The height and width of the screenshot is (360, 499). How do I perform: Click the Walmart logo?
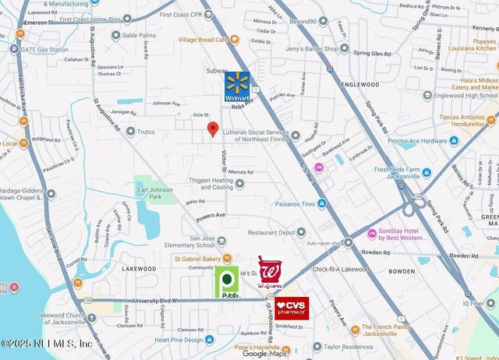point(238,87)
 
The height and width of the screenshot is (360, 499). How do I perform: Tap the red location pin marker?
point(212,129)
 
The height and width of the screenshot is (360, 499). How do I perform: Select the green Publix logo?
point(228,281)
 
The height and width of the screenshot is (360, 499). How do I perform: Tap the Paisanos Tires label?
point(295,204)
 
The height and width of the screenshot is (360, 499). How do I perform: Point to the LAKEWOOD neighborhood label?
point(140,267)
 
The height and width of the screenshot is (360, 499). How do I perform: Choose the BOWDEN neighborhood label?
point(402,272)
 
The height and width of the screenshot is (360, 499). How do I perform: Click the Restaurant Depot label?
point(277,232)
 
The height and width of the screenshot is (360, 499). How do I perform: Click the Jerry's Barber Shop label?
point(312,48)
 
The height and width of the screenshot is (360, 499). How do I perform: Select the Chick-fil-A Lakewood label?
point(340,269)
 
